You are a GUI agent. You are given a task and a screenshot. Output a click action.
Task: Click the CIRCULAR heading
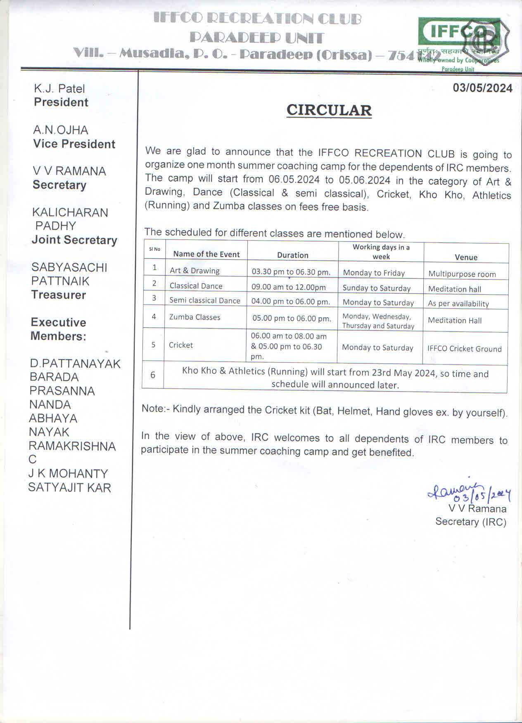point(329,110)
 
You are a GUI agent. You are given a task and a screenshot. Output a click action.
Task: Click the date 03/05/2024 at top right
point(482,88)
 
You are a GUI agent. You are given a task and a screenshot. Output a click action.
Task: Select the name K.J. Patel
point(59,89)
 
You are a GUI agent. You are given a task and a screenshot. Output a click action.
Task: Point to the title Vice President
point(74,144)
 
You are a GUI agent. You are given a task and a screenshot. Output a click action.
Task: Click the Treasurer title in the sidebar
point(59,295)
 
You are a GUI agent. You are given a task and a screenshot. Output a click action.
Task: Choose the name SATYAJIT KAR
point(69,488)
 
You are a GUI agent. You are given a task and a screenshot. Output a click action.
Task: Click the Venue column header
point(466,257)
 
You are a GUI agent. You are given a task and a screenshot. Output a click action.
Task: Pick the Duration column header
point(292,255)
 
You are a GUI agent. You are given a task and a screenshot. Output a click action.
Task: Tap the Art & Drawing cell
point(195,271)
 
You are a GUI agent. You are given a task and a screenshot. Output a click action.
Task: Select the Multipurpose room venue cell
point(462,274)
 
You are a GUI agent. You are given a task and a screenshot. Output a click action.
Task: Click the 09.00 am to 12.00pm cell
point(288,287)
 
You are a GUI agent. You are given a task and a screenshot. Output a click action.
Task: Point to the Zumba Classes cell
point(195,317)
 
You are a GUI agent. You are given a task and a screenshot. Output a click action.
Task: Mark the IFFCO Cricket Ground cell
point(464,349)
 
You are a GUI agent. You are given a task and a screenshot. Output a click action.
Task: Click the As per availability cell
point(458,304)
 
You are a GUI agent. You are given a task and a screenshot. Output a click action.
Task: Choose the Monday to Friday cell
point(374,273)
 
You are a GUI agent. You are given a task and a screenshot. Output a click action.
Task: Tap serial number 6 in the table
point(153,375)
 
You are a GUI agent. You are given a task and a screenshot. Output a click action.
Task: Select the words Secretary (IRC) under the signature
point(471,522)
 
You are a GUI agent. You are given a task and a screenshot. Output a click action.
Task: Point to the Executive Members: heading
point(58,329)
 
